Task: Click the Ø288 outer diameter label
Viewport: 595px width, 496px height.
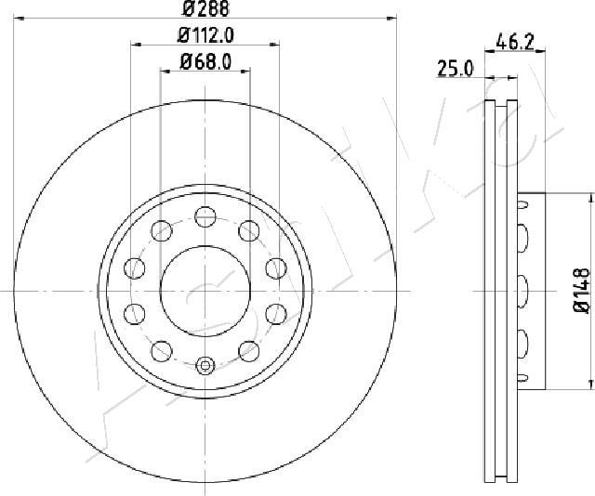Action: click(205, 8)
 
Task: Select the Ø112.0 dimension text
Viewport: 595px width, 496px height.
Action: click(205, 35)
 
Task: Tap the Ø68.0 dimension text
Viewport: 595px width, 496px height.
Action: click(205, 61)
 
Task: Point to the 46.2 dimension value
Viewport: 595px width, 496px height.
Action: click(515, 42)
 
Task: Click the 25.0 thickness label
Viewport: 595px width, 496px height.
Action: click(456, 69)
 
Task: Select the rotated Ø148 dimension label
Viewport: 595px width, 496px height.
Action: click(581, 291)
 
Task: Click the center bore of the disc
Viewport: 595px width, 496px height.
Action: click(205, 292)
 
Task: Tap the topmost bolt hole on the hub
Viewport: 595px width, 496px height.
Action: click(205, 217)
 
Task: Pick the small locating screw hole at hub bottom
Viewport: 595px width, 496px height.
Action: click(205, 366)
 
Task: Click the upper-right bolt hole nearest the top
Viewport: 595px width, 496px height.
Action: click(249, 230)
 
